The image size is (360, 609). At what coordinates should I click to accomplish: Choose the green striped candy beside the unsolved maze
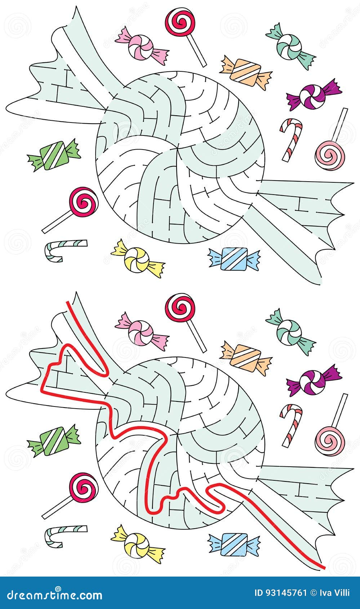tap(54, 155)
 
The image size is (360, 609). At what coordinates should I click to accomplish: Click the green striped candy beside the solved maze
tap(54, 440)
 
